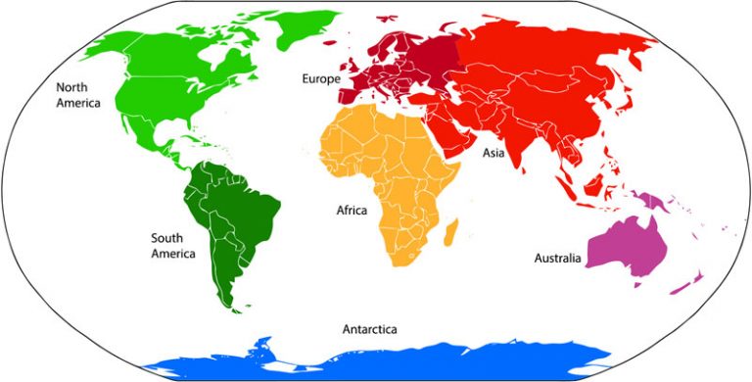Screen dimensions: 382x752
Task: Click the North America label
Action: point(79,94)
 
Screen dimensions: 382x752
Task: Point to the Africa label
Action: point(352,210)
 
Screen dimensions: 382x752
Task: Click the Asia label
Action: point(493,153)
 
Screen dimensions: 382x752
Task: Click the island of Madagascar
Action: point(452,232)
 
